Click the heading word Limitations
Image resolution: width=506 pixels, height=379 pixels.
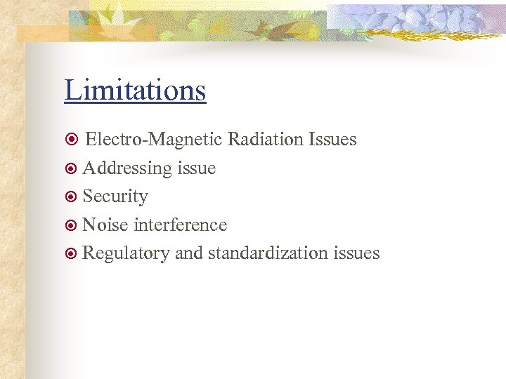(135, 91)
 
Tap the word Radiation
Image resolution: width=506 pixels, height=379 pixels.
(264, 140)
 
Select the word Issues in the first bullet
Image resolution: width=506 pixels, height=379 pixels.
(332, 140)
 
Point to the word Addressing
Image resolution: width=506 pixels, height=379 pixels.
(127, 168)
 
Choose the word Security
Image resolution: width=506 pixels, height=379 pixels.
(115, 197)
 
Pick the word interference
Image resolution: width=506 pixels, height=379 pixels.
(180, 225)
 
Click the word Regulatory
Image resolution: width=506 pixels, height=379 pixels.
(126, 253)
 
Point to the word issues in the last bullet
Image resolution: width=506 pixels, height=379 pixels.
(358, 253)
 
